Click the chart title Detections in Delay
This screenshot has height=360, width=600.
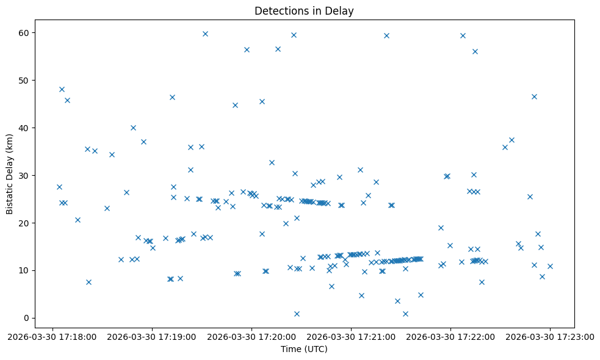(304, 11)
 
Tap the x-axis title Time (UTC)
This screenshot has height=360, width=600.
(304, 349)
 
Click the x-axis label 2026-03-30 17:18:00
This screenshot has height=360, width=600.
(52, 336)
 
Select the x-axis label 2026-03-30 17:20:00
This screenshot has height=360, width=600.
(251, 336)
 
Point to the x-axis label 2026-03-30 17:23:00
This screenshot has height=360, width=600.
(550, 336)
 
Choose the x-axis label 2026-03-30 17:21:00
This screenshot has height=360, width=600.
(351, 336)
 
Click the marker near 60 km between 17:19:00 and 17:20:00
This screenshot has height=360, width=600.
(205, 34)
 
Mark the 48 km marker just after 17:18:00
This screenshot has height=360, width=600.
(62, 89)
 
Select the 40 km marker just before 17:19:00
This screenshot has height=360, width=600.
(133, 128)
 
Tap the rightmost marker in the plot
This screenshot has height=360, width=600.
(550, 266)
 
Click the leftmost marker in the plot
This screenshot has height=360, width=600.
(59, 187)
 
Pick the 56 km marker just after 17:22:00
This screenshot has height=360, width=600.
(475, 51)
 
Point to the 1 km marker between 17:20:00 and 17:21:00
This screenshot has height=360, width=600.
(297, 314)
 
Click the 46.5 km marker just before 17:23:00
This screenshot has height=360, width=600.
(534, 96)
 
